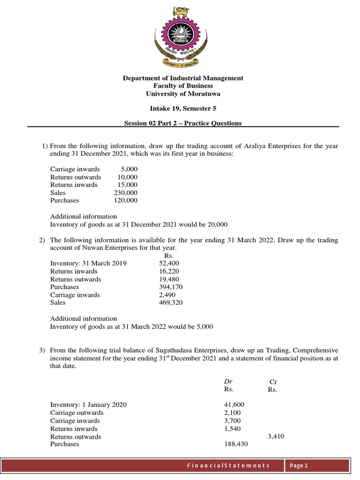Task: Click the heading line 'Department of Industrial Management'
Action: [x=183, y=78]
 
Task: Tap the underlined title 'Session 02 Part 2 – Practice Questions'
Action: [x=183, y=123]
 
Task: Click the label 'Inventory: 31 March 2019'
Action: [x=88, y=263]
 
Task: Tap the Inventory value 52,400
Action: [x=169, y=263]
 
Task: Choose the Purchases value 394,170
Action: [x=171, y=287]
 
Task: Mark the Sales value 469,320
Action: [x=171, y=303]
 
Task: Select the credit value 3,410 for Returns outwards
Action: [x=276, y=436]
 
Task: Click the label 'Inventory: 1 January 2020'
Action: [x=88, y=405]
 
